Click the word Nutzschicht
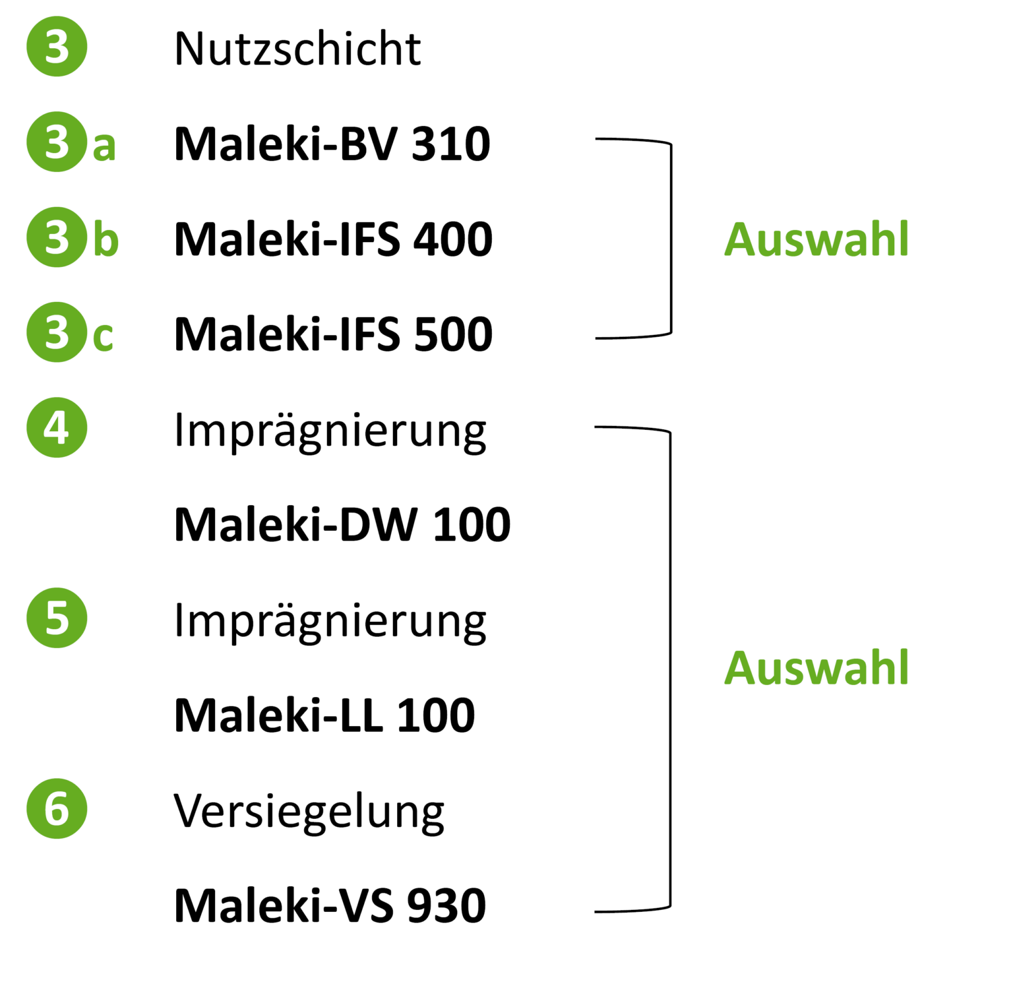[x=297, y=49]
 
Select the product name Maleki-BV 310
[x=332, y=144]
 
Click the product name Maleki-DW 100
[x=342, y=525]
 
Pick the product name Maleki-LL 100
[x=324, y=715]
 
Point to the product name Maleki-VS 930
[x=330, y=905]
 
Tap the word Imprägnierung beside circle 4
[x=330, y=432]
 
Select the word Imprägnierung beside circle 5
[x=330, y=622]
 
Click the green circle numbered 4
[x=57, y=427]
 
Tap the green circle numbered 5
[x=57, y=618]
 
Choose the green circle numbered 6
[x=57, y=808]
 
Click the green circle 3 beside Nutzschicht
[x=57, y=47]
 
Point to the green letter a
[x=104, y=146]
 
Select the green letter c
[x=103, y=337]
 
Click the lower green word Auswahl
[x=816, y=667]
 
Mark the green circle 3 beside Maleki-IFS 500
[x=57, y=332]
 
